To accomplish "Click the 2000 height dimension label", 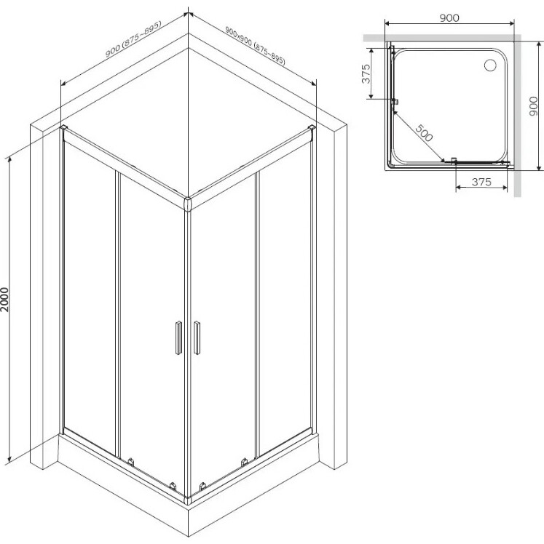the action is tap(5, 300).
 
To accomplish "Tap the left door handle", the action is tap(178, 337).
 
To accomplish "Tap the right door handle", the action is tap(197, 337).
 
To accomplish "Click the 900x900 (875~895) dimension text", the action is tap(256, 45).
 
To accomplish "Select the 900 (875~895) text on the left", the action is tap(133, 39).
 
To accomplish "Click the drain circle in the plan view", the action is tap(491, 65).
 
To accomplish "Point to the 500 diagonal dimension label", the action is tap(424, 133).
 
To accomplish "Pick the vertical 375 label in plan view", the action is tap(366, 73).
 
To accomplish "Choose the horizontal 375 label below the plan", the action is tap(481, 182).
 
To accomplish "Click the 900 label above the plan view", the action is tap(449, 17).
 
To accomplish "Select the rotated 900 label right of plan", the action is tap(534, 106).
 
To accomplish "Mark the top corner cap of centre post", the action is tap(188, 204).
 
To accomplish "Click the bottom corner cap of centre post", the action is tap(188, 500).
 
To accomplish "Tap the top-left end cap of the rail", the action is tap(63, 128).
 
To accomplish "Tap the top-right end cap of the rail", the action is tap(312, 128).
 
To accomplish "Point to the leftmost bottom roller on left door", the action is tap(130, 462).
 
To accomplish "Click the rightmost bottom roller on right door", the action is tap(244, 462).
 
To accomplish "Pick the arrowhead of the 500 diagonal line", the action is tap(442, 159).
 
